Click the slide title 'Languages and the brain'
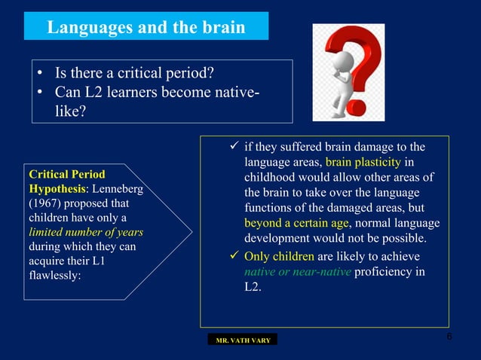pyautogui.click(x=146, y=28)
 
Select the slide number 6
pyautogui.click(x=449, y=336)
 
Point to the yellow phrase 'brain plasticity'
pyautogui.click(x=364, y=163)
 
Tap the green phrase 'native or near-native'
pyautogui.click(x=299, y=271)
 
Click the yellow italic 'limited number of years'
pyautogui.click(x=85, y=232)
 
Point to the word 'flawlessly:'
pyautogui.click(x=54, y=275)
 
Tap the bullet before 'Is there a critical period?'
pyautogui.click(x=39, y=75)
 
